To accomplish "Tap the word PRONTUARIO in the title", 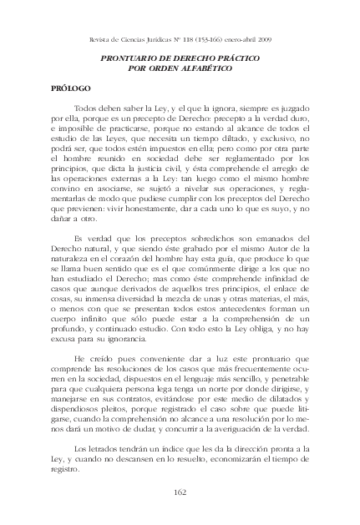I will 136,58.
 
